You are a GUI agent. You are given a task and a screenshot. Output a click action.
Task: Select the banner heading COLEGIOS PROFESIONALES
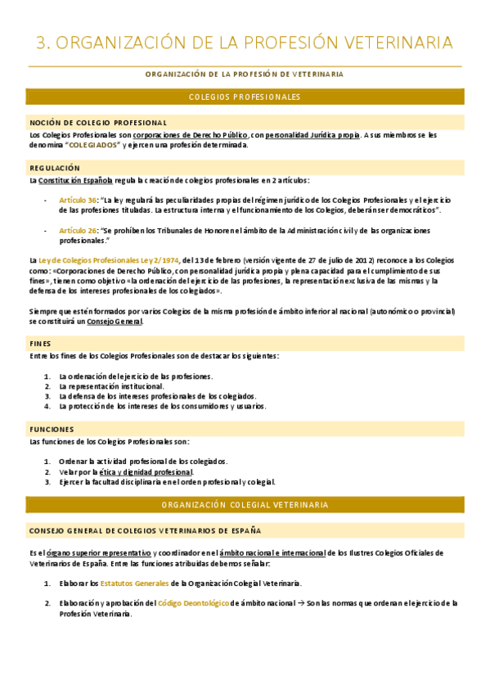245,97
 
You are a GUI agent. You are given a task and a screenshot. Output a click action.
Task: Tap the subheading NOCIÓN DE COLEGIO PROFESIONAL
98,123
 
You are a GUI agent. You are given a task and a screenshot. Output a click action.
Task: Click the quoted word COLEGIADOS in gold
92,145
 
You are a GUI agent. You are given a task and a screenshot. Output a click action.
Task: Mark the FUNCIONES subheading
52,430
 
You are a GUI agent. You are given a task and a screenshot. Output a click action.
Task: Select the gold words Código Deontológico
193,603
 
